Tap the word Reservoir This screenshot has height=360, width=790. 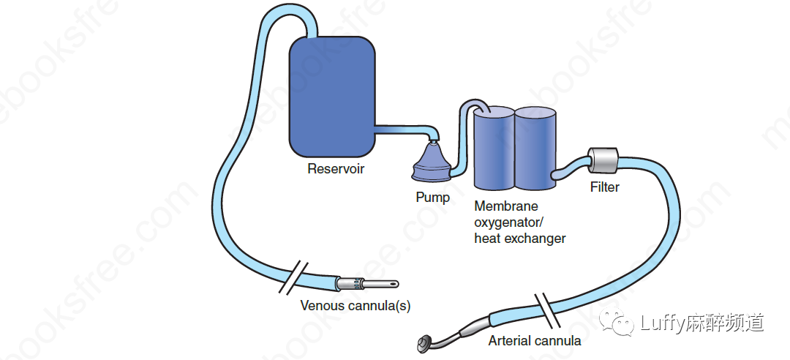coord(336,170)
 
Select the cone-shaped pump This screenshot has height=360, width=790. coord(434,162)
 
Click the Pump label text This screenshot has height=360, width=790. coord(432,198)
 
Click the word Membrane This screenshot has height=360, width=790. coord(506,206)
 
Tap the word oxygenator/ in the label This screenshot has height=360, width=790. coord(510,222)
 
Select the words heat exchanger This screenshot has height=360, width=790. coord(519,239)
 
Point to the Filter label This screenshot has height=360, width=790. coord(604,187)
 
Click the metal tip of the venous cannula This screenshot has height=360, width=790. coord(377,282)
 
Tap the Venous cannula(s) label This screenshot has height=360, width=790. coord(355,306)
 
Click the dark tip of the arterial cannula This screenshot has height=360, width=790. coord(424,342)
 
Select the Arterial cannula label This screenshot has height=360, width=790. coord(534,340)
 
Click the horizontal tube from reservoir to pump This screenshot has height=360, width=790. coord(402,130)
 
